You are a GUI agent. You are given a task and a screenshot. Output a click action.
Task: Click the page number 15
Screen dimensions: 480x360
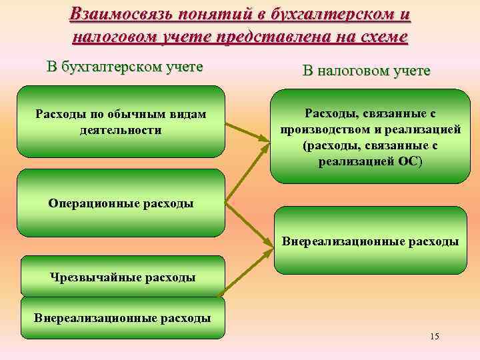(x=435, y=335)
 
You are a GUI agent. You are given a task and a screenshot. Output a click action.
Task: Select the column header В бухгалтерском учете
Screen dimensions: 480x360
(x=125, y=67)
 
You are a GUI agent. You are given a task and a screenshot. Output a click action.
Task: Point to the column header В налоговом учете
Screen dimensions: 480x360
(x=366, y=71)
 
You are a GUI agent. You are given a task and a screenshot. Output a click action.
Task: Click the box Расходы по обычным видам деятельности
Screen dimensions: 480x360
(x=121, y=121)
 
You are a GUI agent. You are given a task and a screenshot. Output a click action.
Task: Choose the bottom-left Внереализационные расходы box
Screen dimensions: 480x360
(x=123, y=317)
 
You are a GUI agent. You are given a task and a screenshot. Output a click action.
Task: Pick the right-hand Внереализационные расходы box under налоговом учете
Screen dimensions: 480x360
(x=371, y=241)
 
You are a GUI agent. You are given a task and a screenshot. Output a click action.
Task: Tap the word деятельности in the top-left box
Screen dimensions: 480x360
(x=121, y=130)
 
